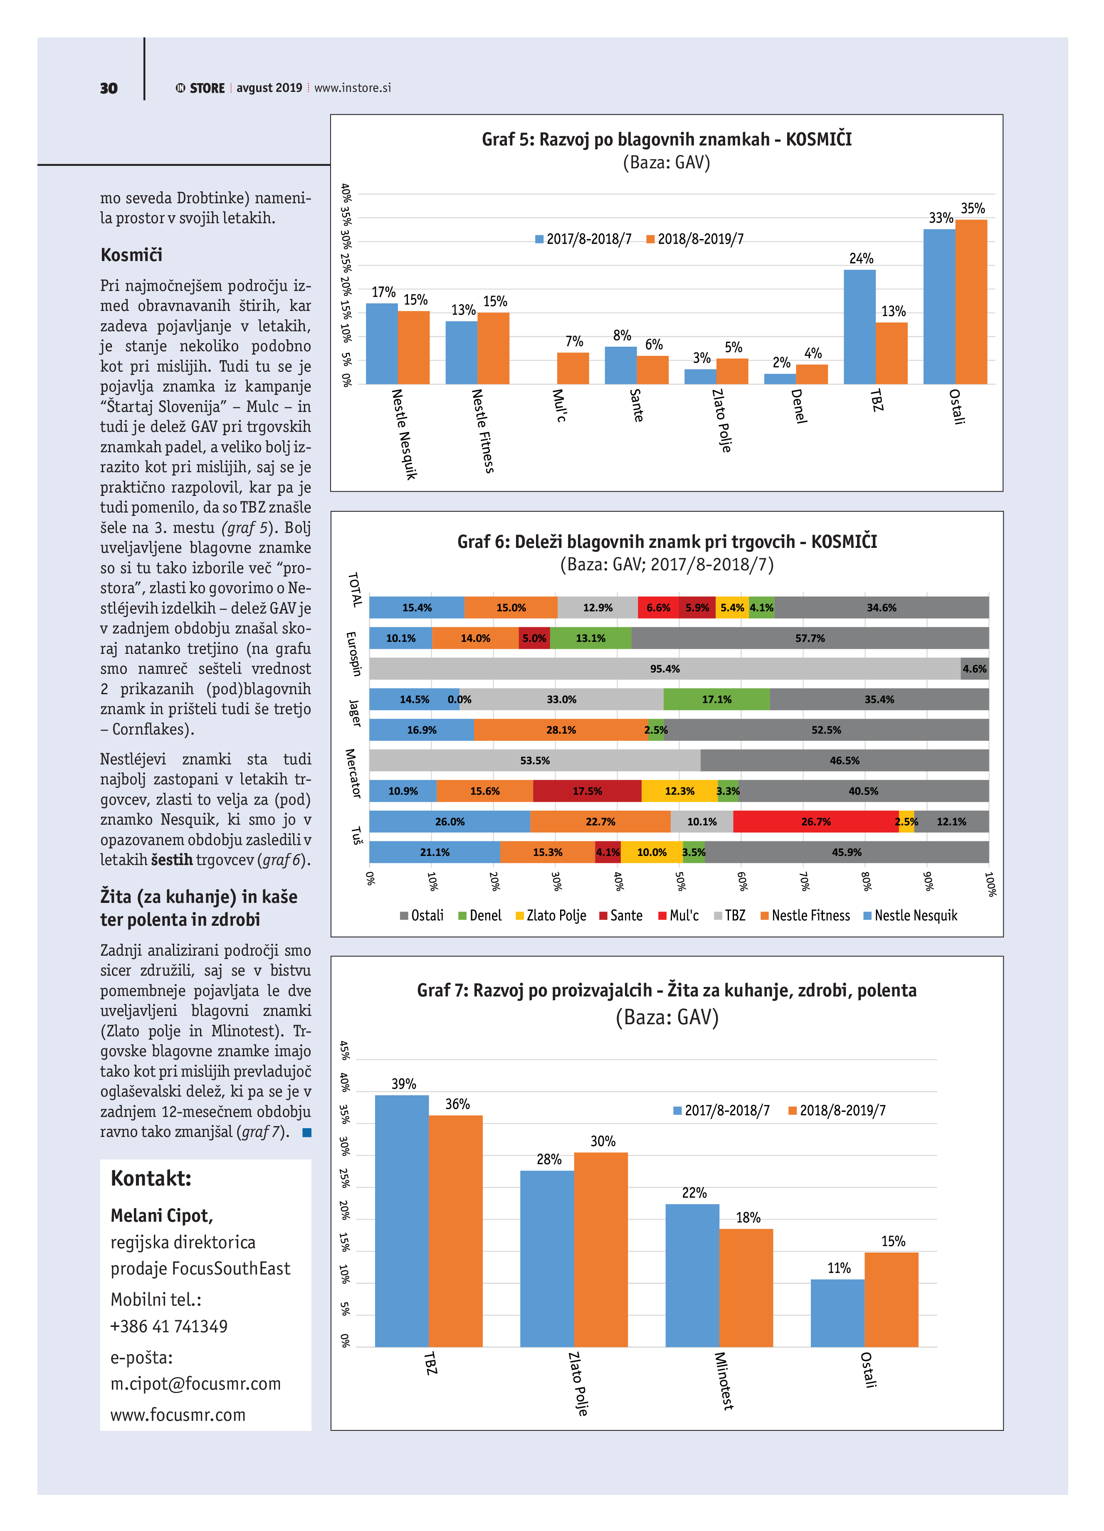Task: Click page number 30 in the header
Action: (x=108, y=89)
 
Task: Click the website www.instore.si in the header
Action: (x=353, y=88)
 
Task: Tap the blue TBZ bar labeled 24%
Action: (x=859, y=328)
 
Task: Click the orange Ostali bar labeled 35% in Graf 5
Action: (x=971, y=302)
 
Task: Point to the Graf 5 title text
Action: (x=667, y=140)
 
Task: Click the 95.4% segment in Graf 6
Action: (x=664, y=668)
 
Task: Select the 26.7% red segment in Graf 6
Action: (x=816, y=821)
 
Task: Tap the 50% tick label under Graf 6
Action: (x=680, y=882)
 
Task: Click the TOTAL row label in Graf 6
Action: (x=355, y=590)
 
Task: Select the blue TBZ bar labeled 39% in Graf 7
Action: (x=402, y=1222)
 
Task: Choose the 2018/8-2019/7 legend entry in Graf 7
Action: (x=837, y=1110)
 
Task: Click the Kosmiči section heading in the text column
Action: (x=132, y=255)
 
